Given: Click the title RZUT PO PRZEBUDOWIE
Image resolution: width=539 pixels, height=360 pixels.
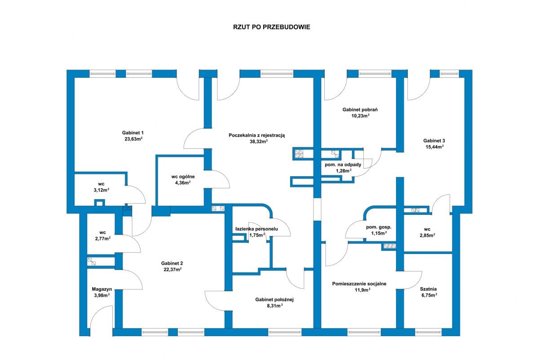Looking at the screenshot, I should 271,27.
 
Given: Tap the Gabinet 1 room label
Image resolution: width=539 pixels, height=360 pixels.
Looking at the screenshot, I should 133,133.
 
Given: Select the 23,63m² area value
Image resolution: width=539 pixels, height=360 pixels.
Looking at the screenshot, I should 133,139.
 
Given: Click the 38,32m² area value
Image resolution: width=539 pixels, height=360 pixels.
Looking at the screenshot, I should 258,141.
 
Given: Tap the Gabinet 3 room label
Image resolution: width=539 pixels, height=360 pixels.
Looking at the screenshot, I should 434,140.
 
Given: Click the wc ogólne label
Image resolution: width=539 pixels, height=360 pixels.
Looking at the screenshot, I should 183,177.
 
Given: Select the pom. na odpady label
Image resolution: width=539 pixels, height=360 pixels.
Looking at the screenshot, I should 343,164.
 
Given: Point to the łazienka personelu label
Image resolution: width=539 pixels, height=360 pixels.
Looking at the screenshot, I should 256,229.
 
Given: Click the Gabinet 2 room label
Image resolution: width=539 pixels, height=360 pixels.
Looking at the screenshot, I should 172,263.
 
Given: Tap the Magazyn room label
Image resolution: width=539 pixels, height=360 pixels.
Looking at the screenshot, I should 102,289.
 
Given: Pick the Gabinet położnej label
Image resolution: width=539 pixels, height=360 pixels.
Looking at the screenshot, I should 274,300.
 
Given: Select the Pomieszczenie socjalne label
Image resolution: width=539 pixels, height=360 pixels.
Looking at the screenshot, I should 359,284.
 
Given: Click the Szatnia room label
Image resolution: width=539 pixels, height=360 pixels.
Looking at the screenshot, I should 428,289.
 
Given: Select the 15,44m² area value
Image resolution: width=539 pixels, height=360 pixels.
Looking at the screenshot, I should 434,147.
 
